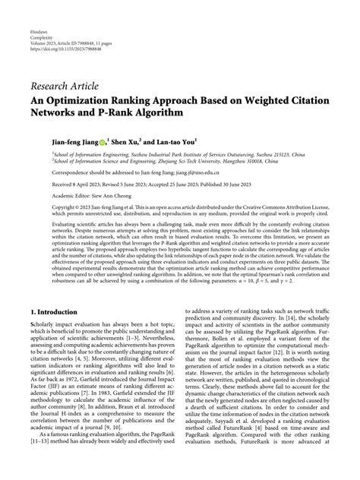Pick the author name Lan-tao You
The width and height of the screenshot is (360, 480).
174,141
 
